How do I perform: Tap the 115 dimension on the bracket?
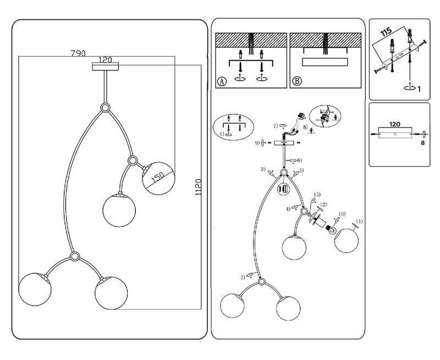tap(387, 31)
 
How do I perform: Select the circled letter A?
tap(221, 81)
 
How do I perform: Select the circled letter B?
tap(296, 81)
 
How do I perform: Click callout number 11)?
tap(360, 221)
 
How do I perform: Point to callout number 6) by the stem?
tap(299, 160)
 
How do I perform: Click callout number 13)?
tap(317, 196)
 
